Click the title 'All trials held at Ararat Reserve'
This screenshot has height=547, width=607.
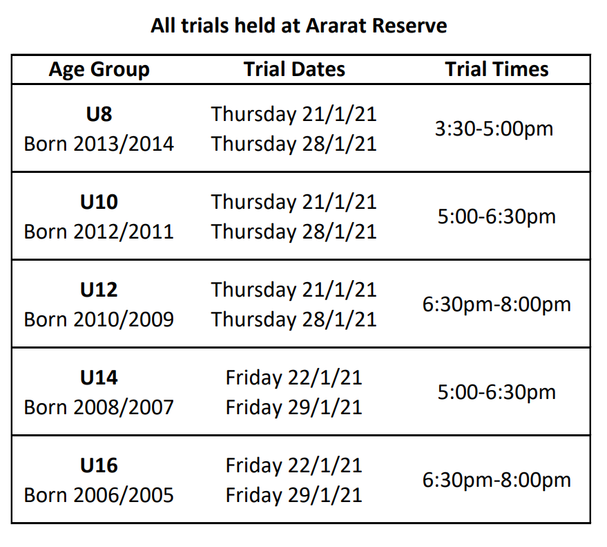(x=298, y=26)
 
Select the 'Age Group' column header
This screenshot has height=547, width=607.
(x=99, y=69)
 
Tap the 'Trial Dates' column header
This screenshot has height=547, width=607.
(x=294, y=69)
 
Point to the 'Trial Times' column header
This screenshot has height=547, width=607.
(x=497, y=69)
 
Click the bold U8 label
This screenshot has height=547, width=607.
(x=99, y=113)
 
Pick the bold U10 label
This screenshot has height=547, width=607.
(x=99, y=201)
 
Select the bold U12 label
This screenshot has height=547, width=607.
(x=99, y=289)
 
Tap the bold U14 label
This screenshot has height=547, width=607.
(x=99, y=378)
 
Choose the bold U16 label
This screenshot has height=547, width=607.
(x=99, y=465)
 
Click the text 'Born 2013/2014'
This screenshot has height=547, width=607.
(x=99, y=144)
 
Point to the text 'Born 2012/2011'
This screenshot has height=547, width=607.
(x=99, y=231)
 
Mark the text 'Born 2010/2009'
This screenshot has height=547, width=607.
(x=99, y=319)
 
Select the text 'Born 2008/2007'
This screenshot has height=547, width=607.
(x=99, y=407)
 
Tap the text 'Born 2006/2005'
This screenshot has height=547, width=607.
(x=99, y=495)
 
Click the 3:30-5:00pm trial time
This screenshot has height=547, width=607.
(x=494, y=129)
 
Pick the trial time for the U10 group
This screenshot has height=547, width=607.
(x=497, y=216)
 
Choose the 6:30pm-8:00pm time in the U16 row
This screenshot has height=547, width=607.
(x=497, y=480)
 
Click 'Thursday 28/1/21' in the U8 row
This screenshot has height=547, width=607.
(x=294, y=144)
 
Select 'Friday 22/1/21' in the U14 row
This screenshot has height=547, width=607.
(x=294, y=378)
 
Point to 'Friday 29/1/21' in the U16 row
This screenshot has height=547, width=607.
(x=294, y=495)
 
